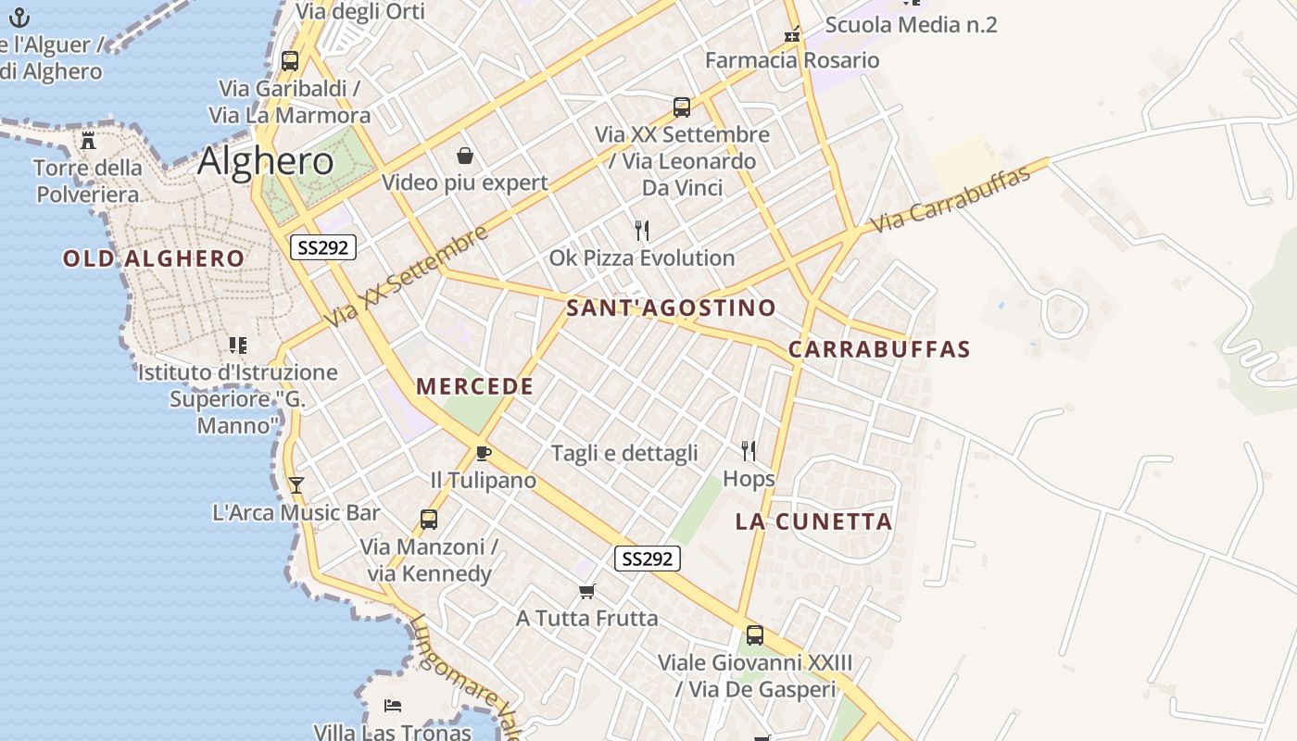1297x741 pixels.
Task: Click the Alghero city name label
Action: tap(266, 161)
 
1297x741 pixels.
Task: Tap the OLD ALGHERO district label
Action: tap(154, 258)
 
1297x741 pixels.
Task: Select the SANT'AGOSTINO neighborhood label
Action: tap(671, 308)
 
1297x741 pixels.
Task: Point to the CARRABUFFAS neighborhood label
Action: tap(878, 349)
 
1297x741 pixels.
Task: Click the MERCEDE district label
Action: tap(474, 386)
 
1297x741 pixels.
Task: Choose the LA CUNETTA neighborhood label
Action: tap(813, 521)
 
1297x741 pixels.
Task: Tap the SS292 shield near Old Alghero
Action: tap(322, 247)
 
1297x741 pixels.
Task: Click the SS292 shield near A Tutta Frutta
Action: tap(647, 559)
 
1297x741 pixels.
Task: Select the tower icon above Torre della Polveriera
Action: tap(88, 141)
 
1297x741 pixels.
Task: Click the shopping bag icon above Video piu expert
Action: tap(464, 155)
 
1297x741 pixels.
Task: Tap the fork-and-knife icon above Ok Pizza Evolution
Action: tap(641, 230)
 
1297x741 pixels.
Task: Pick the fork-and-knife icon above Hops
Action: tap(749, 451)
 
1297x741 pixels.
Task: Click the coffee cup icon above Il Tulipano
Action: tap(483, 453)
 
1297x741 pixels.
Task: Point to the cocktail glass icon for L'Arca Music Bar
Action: tap(296, 484)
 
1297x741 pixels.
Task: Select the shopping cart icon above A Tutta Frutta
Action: tap(586, 591)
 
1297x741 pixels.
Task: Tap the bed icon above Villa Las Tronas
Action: tap(393, 706)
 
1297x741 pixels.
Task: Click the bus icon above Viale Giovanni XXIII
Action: tap(755, 635)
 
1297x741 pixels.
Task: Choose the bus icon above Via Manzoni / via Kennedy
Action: tap(428, 520)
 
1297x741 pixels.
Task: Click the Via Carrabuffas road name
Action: tap(951, 199)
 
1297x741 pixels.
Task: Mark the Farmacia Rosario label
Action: tap(792, 60)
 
